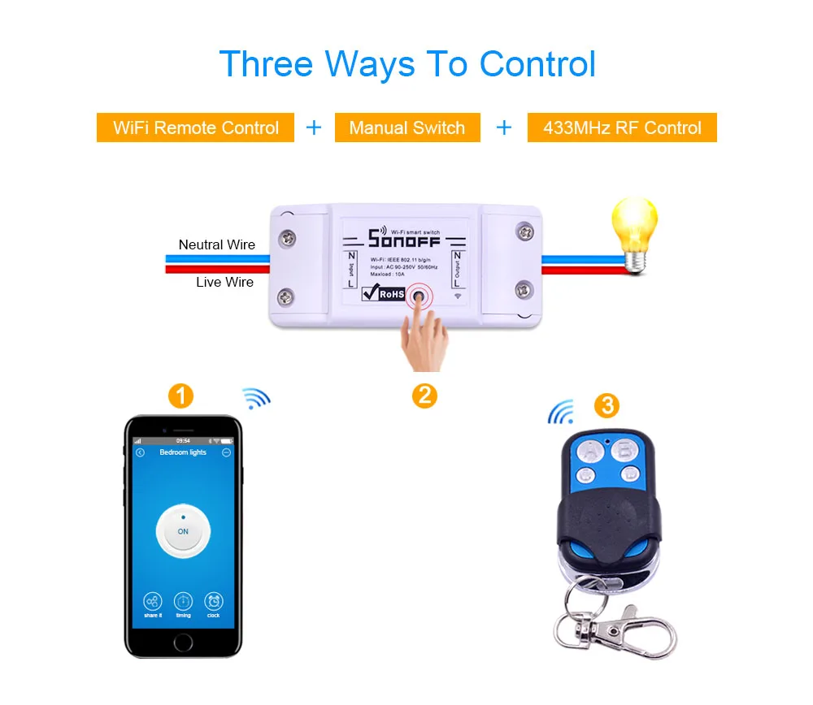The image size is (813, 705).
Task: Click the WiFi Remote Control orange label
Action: (195, 128)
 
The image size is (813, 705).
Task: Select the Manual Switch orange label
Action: (406, 128)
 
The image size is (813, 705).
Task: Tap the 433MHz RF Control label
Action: (622, 128)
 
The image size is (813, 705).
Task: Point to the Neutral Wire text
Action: (216, 244)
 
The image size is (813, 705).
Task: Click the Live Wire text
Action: (224, 282)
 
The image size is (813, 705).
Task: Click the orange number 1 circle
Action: (180, 396)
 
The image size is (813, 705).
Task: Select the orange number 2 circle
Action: (424, 396)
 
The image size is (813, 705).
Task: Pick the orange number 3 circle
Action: (606, 405)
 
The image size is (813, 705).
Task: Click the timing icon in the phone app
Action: (183, 602)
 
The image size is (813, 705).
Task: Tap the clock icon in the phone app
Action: (213, 602)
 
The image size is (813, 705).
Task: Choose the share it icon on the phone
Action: (153, 602)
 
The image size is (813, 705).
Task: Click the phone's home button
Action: (183, 642)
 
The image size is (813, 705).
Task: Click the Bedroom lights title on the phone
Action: (183, 452)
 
